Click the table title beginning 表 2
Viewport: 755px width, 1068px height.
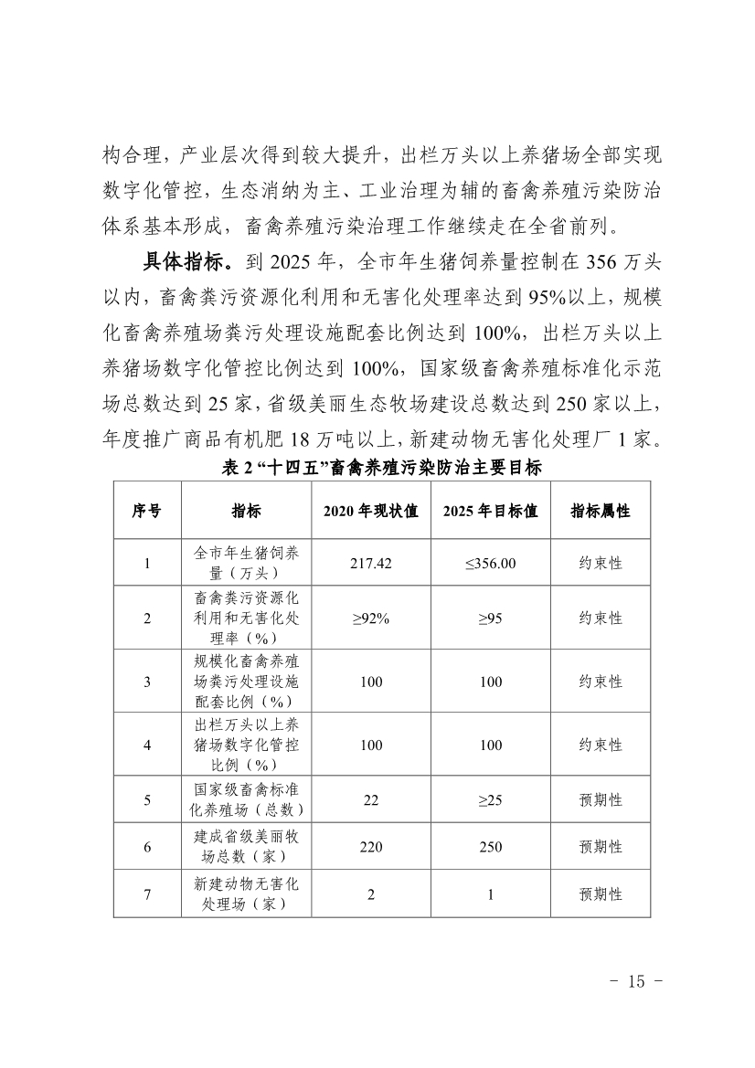click(382, 469)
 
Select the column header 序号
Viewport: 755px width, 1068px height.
click(147, 511)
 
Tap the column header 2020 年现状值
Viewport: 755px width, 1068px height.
click(370, 511)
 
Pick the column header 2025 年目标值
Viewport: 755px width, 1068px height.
click(490, 511)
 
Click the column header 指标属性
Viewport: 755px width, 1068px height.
click(600, 511)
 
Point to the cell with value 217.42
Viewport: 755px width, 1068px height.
click(370, 563)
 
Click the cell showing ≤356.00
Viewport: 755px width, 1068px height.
click(490, 563)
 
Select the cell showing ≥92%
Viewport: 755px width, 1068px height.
click(370, 619)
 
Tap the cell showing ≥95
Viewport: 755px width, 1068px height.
click(490, 619)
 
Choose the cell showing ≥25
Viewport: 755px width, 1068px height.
click(490, 800)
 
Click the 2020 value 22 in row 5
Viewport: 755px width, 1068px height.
click(370, 800)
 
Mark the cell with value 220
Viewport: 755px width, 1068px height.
click(370, 847)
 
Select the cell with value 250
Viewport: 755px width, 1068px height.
click(490, 847)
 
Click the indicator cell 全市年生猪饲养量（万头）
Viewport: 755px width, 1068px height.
click(247, 563)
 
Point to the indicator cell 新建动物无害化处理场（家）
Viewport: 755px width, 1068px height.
click(247, 894)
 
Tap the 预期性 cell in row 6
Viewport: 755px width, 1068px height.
click(600, 847)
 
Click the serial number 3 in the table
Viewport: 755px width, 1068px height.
click(147, 682)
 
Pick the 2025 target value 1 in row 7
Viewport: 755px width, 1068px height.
click(490, 894)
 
